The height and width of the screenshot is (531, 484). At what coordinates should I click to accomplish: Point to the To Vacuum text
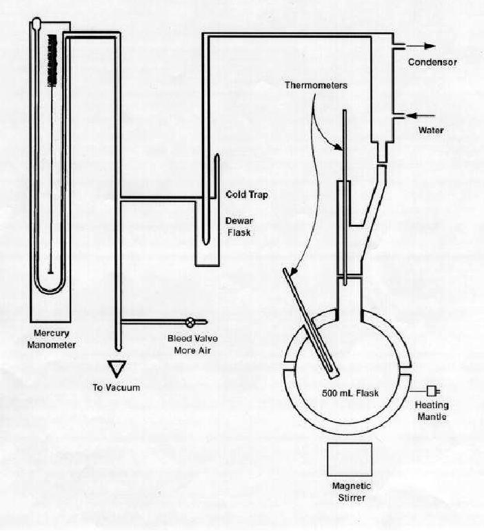click(116, 387)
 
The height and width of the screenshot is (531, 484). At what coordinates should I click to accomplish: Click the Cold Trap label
click(246, 195)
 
